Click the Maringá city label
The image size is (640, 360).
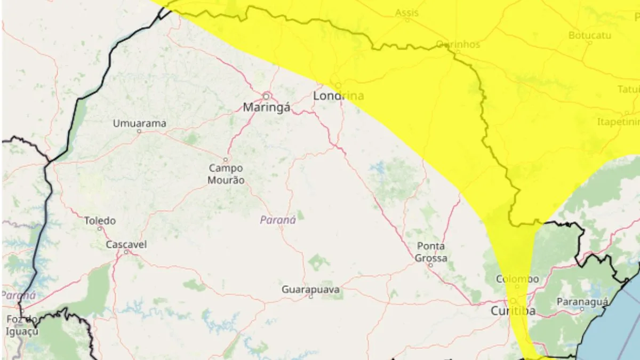coord(267,108)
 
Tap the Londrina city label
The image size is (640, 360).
coord(338,97)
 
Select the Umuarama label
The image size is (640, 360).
coord(139,123)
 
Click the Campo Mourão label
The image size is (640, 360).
coord(226,174)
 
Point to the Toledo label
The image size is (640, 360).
coord(100,220)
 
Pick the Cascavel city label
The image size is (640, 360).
coord(126,244)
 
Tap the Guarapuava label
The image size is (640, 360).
coord(311,289)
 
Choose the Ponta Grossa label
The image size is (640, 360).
coord(431,252)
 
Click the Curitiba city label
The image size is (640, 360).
coord(513,311)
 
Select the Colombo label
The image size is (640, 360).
coord(517,279)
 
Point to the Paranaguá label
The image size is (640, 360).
coord(582,301)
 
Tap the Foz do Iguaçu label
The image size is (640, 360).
coord(22,325)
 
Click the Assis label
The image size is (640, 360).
coord(407,13)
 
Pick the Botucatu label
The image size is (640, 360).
coord(589,35)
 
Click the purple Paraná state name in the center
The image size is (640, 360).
coord(278,220)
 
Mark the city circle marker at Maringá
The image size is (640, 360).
coord(266,96)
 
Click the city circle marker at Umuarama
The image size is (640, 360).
coord(139,131)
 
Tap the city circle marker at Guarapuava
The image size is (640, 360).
coord(311,297)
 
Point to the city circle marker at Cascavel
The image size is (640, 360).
coord(126,252)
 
